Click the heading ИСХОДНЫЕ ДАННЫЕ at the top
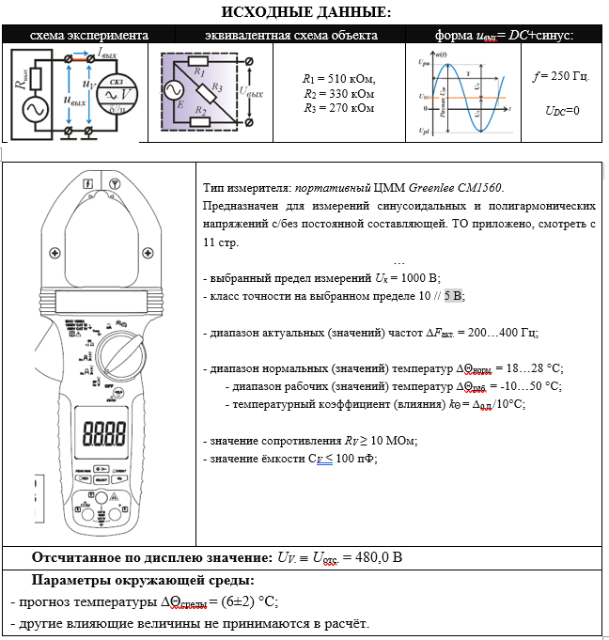304,12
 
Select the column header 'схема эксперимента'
75,35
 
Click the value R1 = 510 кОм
338,80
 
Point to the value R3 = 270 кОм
338,108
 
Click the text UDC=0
562,110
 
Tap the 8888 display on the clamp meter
105,433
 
